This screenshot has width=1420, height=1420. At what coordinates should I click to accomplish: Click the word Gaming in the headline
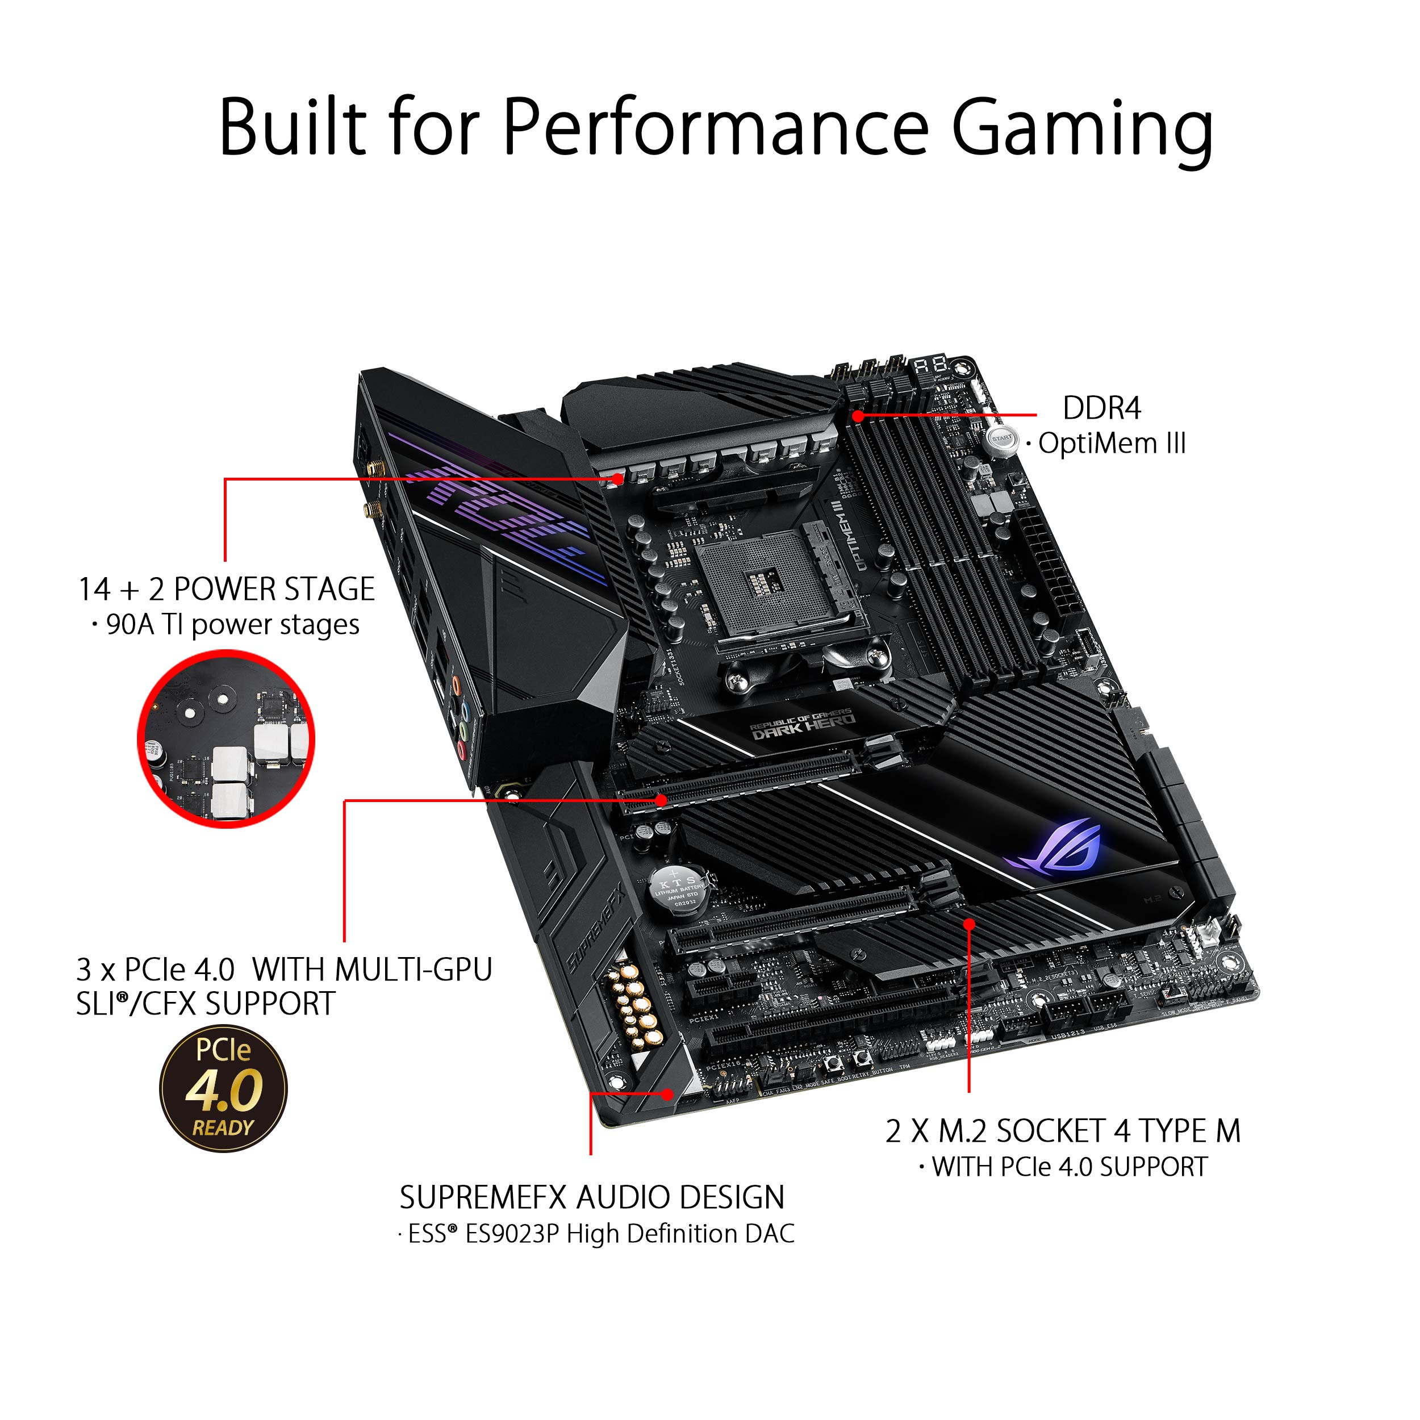click(1082, 130)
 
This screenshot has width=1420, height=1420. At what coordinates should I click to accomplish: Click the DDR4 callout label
click(1101, 408)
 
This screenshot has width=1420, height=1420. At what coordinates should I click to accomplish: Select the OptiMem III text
click(1112, 444)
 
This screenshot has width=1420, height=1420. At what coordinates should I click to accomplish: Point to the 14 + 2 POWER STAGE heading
click(227, 590)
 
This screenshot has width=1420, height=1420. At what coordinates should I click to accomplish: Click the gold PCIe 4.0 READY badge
click(223, 1088)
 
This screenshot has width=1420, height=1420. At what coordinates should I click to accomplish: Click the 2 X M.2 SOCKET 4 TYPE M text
click(1062, 1131)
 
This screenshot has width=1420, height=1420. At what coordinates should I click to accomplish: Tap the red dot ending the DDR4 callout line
click(858, 416)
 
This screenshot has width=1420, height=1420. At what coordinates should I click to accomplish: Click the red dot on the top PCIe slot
click(662, 800)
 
